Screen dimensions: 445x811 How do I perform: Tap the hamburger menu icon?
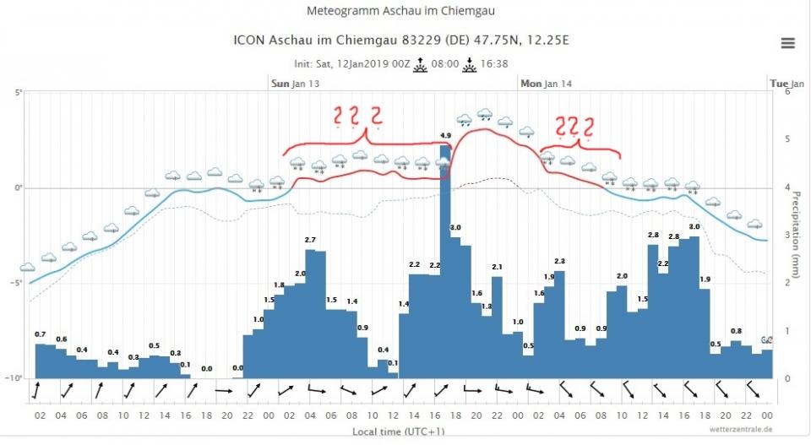coord(787,43)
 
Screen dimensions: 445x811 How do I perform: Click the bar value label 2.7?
coord(310,241)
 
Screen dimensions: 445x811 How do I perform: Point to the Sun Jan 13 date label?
coord(295,84)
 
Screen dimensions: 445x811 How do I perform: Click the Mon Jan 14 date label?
coord(546,84)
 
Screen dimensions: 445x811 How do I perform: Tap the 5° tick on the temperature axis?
coord(16,93)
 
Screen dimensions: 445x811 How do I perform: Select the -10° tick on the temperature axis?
coord(14,378)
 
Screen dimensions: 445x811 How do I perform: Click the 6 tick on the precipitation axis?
coord(787,91)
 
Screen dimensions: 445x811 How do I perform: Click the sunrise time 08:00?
coord(444,64)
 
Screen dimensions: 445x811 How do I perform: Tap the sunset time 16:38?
coord(494,64)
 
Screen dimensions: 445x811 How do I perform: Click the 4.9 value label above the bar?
coord(445,136)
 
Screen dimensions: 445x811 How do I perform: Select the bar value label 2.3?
coord(558,262)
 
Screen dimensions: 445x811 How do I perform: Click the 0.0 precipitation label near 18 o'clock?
coord(207,368)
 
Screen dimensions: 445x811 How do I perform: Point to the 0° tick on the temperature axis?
coord(16,188)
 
